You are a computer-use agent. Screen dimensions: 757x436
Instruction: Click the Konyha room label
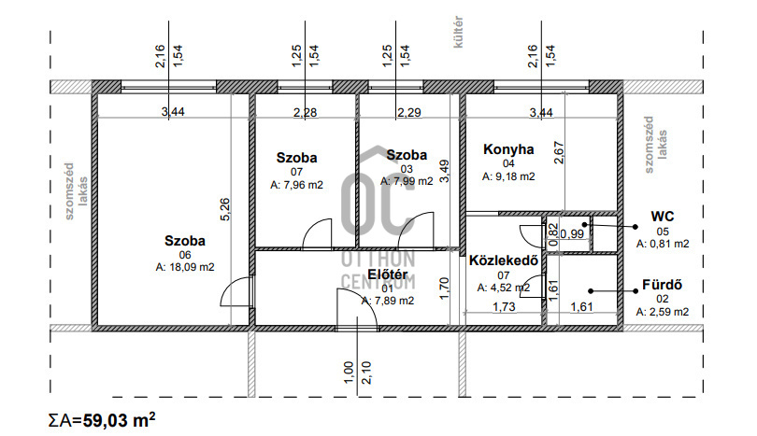coord(508,149)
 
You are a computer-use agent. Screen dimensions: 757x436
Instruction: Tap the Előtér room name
coord(387,274)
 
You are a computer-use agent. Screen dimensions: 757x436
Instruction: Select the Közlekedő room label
coord(504,260)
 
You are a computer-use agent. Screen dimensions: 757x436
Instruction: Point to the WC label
coord(662,217)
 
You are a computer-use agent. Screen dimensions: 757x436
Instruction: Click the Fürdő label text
coord(662,285)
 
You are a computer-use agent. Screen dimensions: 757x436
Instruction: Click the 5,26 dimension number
coord(225,209)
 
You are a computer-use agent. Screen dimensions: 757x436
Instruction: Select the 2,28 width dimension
coord(305,112)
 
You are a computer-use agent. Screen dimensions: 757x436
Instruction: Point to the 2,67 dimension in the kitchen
coord(559,152)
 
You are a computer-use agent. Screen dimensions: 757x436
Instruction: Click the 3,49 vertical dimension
coord(445,171)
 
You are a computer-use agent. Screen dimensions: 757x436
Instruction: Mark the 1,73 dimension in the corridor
coord(504,307)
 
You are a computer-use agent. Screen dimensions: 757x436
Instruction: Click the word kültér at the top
coord(458,32)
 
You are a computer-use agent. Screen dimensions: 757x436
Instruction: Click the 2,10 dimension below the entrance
coord(366,373)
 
